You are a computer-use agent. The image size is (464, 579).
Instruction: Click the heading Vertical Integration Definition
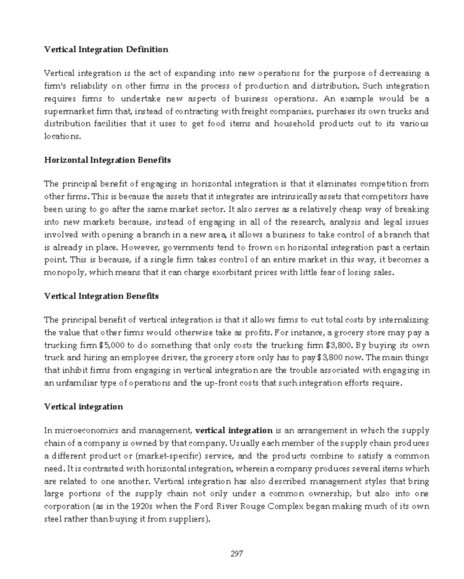pyautogui.click(x=106, y=49)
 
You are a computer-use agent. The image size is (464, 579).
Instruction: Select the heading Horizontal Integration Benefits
pyautogui.click(x=107, y=160)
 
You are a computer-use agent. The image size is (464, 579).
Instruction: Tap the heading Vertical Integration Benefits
pyautogui.click(x=101, y=296)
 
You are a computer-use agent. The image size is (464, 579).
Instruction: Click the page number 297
pyautogui.click(x=237, y=554)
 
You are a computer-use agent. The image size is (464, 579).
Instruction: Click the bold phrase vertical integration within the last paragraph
pyautogui.click(x=234, y=430)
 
